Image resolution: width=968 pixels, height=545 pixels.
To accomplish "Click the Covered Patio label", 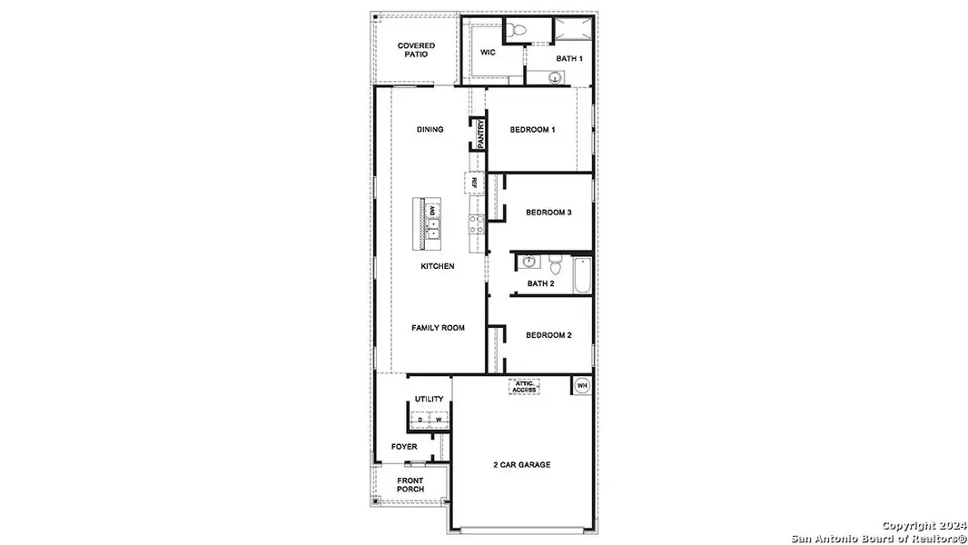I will click(416, 50).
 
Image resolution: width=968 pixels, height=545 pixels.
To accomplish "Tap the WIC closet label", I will click(488, 53).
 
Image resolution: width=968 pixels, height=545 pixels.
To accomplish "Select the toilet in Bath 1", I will click(519, 31).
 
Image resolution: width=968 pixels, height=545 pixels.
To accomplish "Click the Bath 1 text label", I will click(568, 59).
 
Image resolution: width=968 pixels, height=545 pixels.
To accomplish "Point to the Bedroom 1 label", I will click(532, 130).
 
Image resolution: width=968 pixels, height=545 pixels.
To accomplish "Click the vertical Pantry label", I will click(479, 133).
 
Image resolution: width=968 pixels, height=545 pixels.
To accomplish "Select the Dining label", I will click(430, 130).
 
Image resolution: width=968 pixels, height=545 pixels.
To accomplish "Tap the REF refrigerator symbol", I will click(474, 183).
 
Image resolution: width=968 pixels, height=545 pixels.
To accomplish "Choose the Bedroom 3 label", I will click(548, 213).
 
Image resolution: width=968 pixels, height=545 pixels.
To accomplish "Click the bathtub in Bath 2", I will click(582, 274).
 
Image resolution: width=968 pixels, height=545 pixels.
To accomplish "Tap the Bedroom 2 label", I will click(548, 335).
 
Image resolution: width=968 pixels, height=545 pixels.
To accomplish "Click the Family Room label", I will click(438, 328).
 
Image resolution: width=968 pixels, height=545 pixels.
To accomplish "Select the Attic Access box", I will click(524, 387).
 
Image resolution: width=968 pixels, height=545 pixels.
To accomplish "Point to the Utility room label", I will click(429, 399).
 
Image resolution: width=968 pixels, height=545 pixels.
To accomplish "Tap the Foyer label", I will click(404, 447).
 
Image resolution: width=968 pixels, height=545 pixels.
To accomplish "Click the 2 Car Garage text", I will click(521, 465).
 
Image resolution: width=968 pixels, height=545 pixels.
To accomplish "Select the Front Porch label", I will click(410, 485).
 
